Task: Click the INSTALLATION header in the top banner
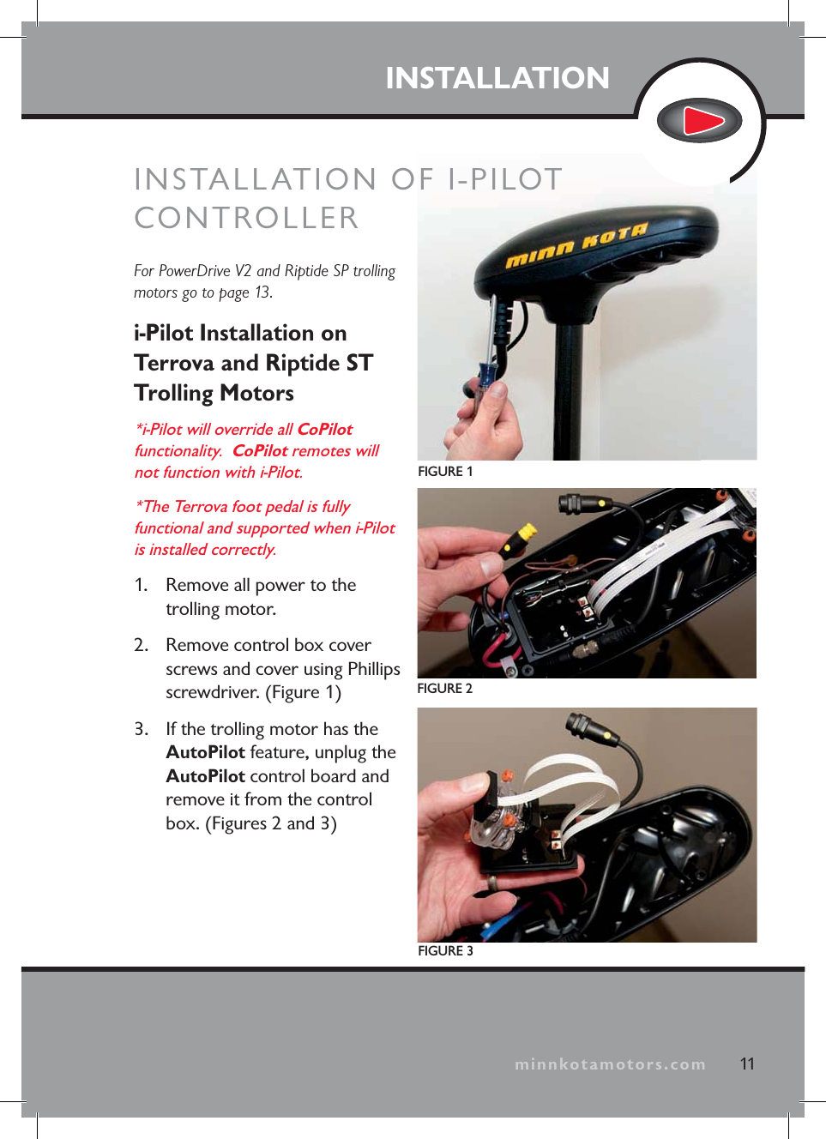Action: (497, 78)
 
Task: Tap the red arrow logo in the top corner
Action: (700, 121)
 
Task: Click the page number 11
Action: (747, 1064)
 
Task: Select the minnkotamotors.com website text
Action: (610, 1064)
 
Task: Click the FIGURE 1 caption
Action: (445, 472)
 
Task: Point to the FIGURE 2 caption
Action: (444, 689)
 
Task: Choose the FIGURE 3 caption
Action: (445, 950)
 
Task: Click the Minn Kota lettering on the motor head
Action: (576, 245)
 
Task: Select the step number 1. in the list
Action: (142, 585)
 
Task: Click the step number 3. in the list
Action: (142, 729)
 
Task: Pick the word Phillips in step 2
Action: (373, 669)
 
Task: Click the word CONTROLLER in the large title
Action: (246, 218)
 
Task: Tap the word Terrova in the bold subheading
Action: (174, 363)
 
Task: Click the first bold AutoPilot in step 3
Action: (205, 752)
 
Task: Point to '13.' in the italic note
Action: (263, 292)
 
